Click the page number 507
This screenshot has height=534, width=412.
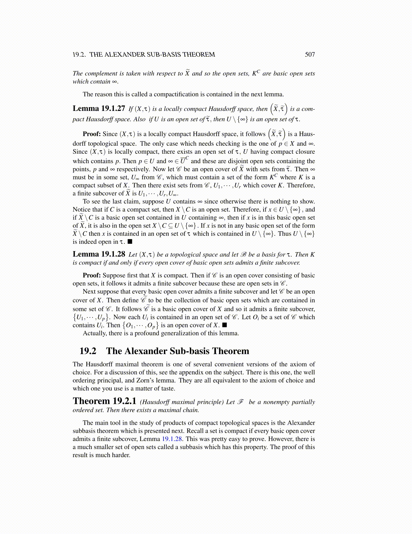click(x=310, y=55)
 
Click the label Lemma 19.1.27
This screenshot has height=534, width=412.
click(x=99, y=109)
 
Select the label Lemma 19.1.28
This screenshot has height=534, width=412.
click(x=99, y=254)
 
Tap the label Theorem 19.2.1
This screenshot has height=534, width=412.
click(x=104, y=401)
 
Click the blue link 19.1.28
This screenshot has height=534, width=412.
click(x=172, y=439)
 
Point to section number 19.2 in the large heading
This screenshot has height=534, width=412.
click(x=88, y=351)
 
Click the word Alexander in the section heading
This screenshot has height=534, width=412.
click(x=146, y=351)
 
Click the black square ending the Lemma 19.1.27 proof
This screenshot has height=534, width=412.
click(x=130, y=242)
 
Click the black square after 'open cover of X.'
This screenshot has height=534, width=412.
click(x=225, y=325)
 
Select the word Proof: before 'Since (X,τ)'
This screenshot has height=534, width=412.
click(x=92, y=134)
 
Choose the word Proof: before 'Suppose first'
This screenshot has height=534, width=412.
click(x=92, y=275)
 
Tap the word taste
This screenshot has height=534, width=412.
click(x=168, y=388)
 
